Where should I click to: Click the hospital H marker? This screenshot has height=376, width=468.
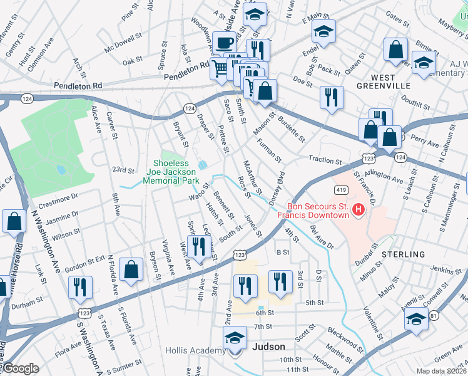click(x=359, y=210)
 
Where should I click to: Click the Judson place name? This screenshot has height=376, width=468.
click(x=268, y=347)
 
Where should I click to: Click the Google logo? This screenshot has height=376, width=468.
click(x=20, y=368)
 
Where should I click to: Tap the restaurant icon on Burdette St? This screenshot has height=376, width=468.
click(x=331, y=97)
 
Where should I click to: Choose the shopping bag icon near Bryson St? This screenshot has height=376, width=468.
click(x=131, y=270)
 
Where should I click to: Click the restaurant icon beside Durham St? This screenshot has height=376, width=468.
click(x=80, y=287)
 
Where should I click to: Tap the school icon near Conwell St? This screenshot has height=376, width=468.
click(x=415, y=319)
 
